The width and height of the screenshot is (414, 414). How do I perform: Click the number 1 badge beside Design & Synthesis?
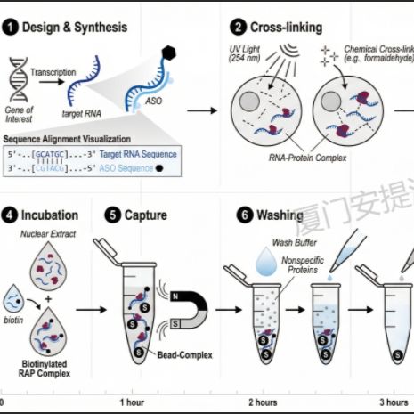10,27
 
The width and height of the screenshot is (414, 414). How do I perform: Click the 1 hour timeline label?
134,403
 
